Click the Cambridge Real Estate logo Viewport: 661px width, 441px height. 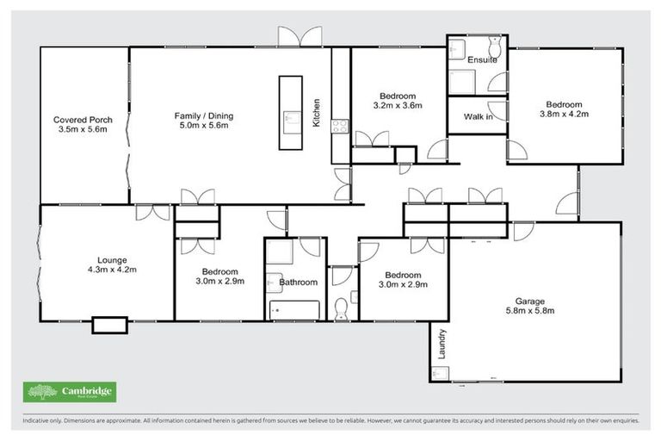coord(69,393)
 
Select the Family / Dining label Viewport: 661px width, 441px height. coord(204,116)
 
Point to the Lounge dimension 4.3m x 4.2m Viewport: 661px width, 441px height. coord(112,270)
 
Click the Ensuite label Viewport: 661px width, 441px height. coord(482,61)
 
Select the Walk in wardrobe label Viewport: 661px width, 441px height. coord(478,116)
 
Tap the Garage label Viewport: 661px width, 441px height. coord(529,301)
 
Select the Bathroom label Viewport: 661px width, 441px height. coord(299,282)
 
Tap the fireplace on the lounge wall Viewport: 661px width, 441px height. coord(109,325)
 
